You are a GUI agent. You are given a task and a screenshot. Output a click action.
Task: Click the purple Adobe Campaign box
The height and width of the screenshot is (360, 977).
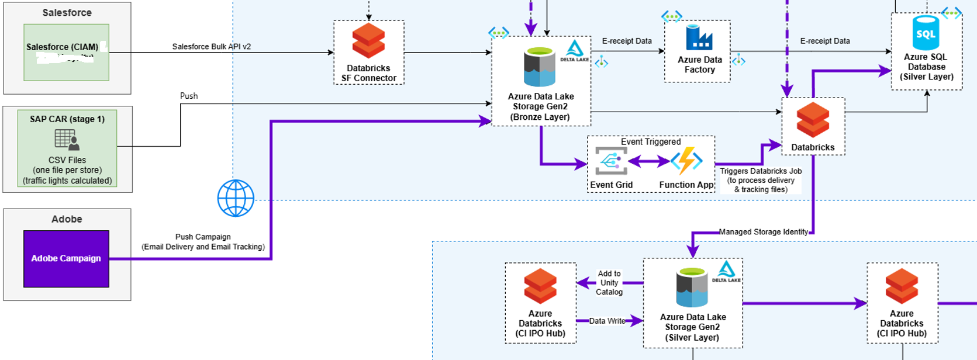(66, 258)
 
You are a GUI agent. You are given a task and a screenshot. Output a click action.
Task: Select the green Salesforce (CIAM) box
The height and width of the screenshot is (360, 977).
(66, 52)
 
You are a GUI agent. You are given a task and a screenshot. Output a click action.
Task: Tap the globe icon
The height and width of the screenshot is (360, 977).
(236, 198)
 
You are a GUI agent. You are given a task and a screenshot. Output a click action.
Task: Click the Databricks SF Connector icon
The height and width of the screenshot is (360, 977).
(368, 40)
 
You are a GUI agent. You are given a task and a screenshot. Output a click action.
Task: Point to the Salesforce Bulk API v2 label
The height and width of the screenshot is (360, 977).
(211, 46)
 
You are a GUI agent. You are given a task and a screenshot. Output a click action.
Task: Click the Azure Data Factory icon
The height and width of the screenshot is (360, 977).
(699, 38)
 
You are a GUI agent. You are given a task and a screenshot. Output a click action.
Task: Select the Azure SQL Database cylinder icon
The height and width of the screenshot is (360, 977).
(926, 33)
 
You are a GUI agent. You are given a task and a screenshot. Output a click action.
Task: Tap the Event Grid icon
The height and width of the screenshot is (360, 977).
(611, 161)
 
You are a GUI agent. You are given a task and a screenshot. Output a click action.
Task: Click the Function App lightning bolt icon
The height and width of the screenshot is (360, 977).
(686, 161)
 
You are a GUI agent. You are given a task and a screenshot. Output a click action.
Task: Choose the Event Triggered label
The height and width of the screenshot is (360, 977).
(650, 141)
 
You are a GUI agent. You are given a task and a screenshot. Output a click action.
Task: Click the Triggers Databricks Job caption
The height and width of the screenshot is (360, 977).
(761, 180)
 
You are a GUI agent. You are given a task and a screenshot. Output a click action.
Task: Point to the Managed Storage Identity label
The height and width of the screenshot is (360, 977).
(763, 232)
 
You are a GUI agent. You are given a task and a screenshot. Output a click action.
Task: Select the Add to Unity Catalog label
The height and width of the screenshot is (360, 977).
(609, 282)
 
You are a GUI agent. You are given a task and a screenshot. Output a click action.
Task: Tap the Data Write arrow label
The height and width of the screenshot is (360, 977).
(607, 321)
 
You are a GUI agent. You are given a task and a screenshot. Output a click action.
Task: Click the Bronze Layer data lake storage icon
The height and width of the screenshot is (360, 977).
(539, 67)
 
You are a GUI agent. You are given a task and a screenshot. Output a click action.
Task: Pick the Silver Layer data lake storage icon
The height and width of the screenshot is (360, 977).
(692, 287)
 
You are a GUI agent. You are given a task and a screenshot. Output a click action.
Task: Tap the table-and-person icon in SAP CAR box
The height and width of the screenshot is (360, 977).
(67, 140)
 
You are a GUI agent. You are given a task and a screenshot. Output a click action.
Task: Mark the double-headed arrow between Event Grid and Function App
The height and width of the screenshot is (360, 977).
(649, 161)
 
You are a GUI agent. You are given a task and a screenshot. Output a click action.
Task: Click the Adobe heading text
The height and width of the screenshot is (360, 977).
(67, 219)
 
